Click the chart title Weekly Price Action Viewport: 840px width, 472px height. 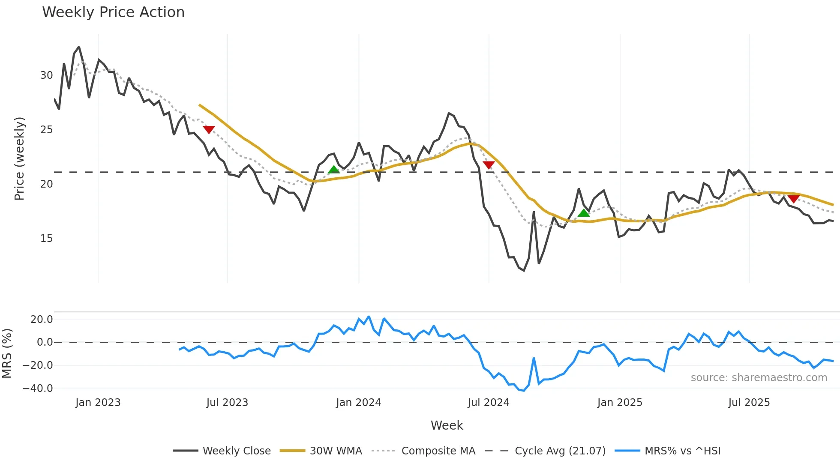click(x=113, y=12)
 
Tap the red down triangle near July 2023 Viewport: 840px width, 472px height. click(x=209, y=129)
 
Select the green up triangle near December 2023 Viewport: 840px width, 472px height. click(x=334, y=170)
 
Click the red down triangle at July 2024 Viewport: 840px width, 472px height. click(x=489, y=165)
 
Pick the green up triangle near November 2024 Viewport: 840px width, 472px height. click(x=584, y=213)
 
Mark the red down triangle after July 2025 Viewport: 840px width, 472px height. click(x=794, y=199)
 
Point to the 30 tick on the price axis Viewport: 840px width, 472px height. click(x=46, y=75)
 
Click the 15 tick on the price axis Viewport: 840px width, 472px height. click(x=46, y=239)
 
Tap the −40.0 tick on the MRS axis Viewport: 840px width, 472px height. click(x=38, y=388)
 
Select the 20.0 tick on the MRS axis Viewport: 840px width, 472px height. click(x=42, y=320)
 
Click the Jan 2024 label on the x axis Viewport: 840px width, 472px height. click(x=358, y=403)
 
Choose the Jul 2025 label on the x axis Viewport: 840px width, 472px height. click(x=749, y=403)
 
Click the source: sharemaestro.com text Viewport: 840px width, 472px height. click(x=759, y=378)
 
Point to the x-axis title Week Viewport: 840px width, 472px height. click(x=447, y=425)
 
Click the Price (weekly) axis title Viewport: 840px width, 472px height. click(x=19, y=158)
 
